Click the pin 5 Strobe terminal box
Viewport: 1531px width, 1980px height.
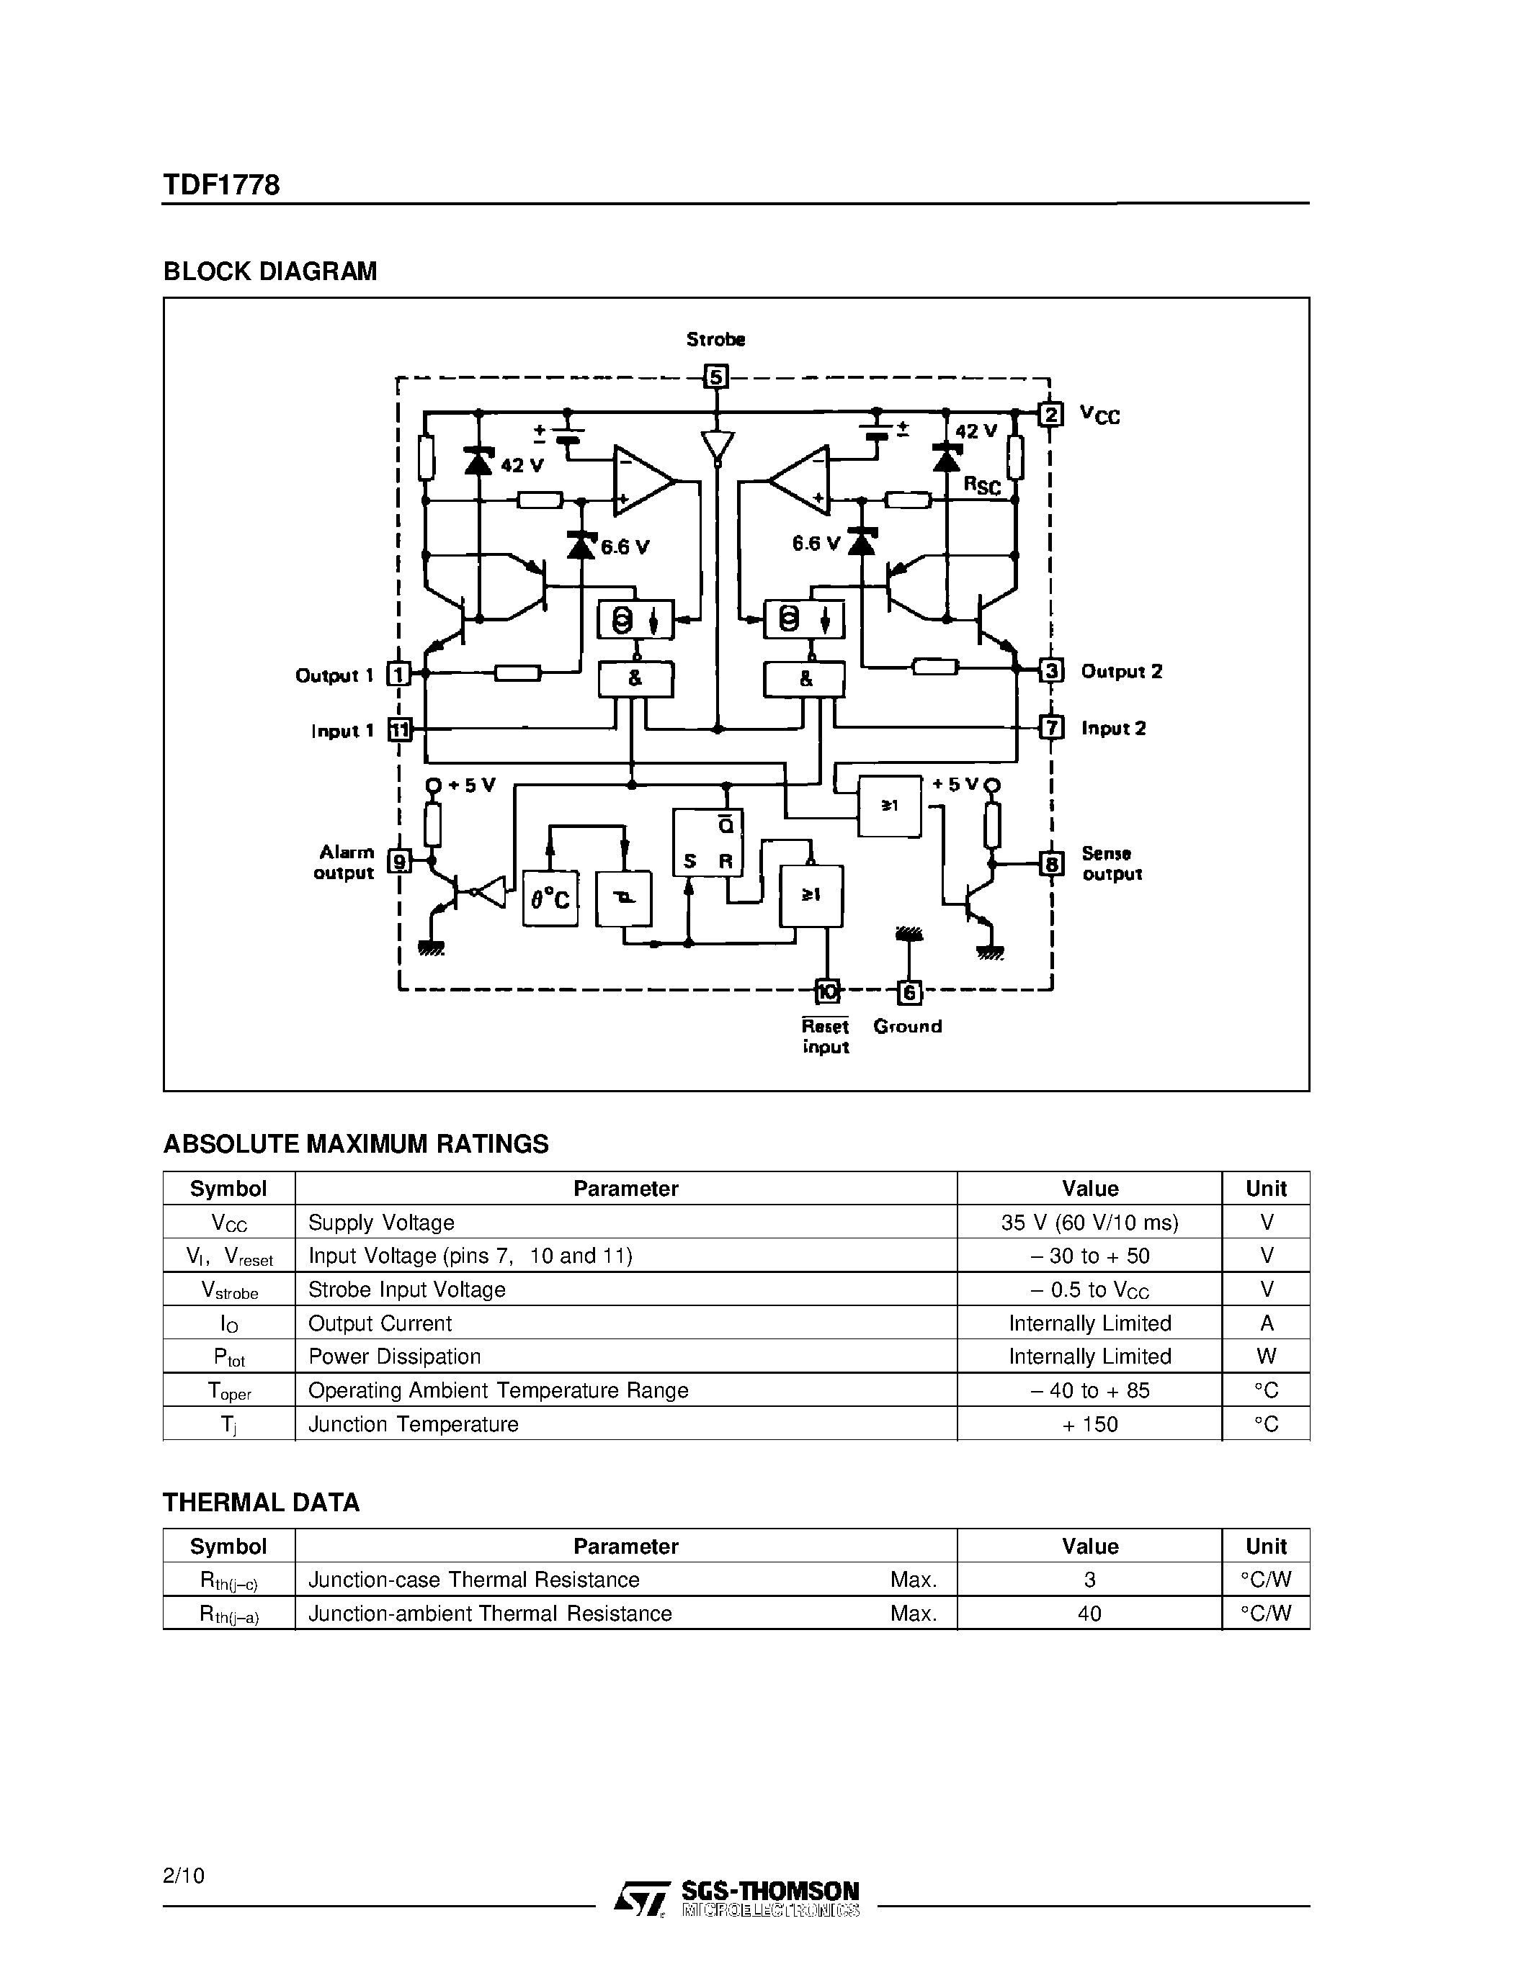(717, 377)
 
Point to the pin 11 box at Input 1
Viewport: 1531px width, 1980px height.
(399, 730)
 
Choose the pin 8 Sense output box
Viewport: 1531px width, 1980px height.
(1051, 864)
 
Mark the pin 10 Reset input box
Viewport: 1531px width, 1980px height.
(827, 992)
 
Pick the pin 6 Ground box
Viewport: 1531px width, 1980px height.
(909, 993)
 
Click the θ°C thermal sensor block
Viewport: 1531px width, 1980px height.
(550, 899)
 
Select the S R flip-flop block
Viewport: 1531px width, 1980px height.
(708, 842)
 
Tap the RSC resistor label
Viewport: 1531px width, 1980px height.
(982, 486)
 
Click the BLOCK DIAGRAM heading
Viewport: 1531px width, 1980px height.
(269, 272)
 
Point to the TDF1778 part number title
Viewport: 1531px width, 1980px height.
(221, 185)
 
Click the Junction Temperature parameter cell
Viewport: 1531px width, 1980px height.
(414, 1424)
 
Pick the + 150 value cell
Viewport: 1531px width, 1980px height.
(1089, 1424)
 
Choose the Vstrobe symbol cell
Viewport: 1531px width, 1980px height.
(229, 1290)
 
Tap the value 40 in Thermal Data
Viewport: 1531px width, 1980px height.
(1089, 1614)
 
